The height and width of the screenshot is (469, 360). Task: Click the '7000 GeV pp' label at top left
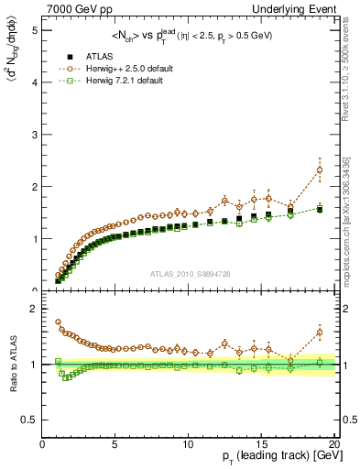tap(76, 8)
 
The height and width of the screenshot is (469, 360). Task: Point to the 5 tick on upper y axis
tap(34, 30)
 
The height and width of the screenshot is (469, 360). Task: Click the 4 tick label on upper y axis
tap(34, 82)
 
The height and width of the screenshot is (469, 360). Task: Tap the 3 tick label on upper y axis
tap(34, 135)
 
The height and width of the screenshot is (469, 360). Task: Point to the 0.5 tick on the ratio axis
tap(30, 420)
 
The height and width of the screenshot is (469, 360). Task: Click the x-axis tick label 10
tap(188, 444)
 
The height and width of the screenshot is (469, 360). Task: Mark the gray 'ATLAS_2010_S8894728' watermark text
tap(188, 273)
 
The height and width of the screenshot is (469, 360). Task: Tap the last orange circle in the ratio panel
tap(320, 333)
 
